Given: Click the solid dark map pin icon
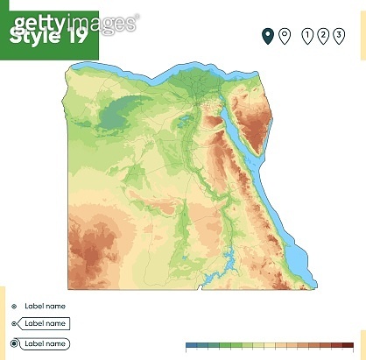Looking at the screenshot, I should coord(268,36).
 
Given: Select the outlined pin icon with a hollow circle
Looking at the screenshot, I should coord(284,36).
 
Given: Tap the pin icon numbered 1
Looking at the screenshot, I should coord(307,36).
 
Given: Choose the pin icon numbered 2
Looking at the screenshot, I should coord(322,36).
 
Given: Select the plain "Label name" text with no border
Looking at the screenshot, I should coord(44,307).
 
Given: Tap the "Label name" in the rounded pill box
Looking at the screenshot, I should coord(46,344).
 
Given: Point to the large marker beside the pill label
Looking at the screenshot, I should coord(12,344).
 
